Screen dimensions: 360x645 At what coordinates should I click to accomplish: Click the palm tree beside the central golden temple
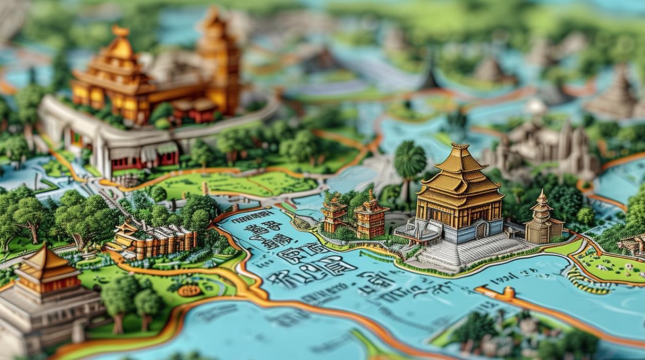point(410,161)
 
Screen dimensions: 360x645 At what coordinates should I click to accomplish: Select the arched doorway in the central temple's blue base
point(480,231)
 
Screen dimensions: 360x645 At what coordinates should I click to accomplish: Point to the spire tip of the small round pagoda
point(542,192)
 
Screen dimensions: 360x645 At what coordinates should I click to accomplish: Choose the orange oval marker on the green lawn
point(190,290)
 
